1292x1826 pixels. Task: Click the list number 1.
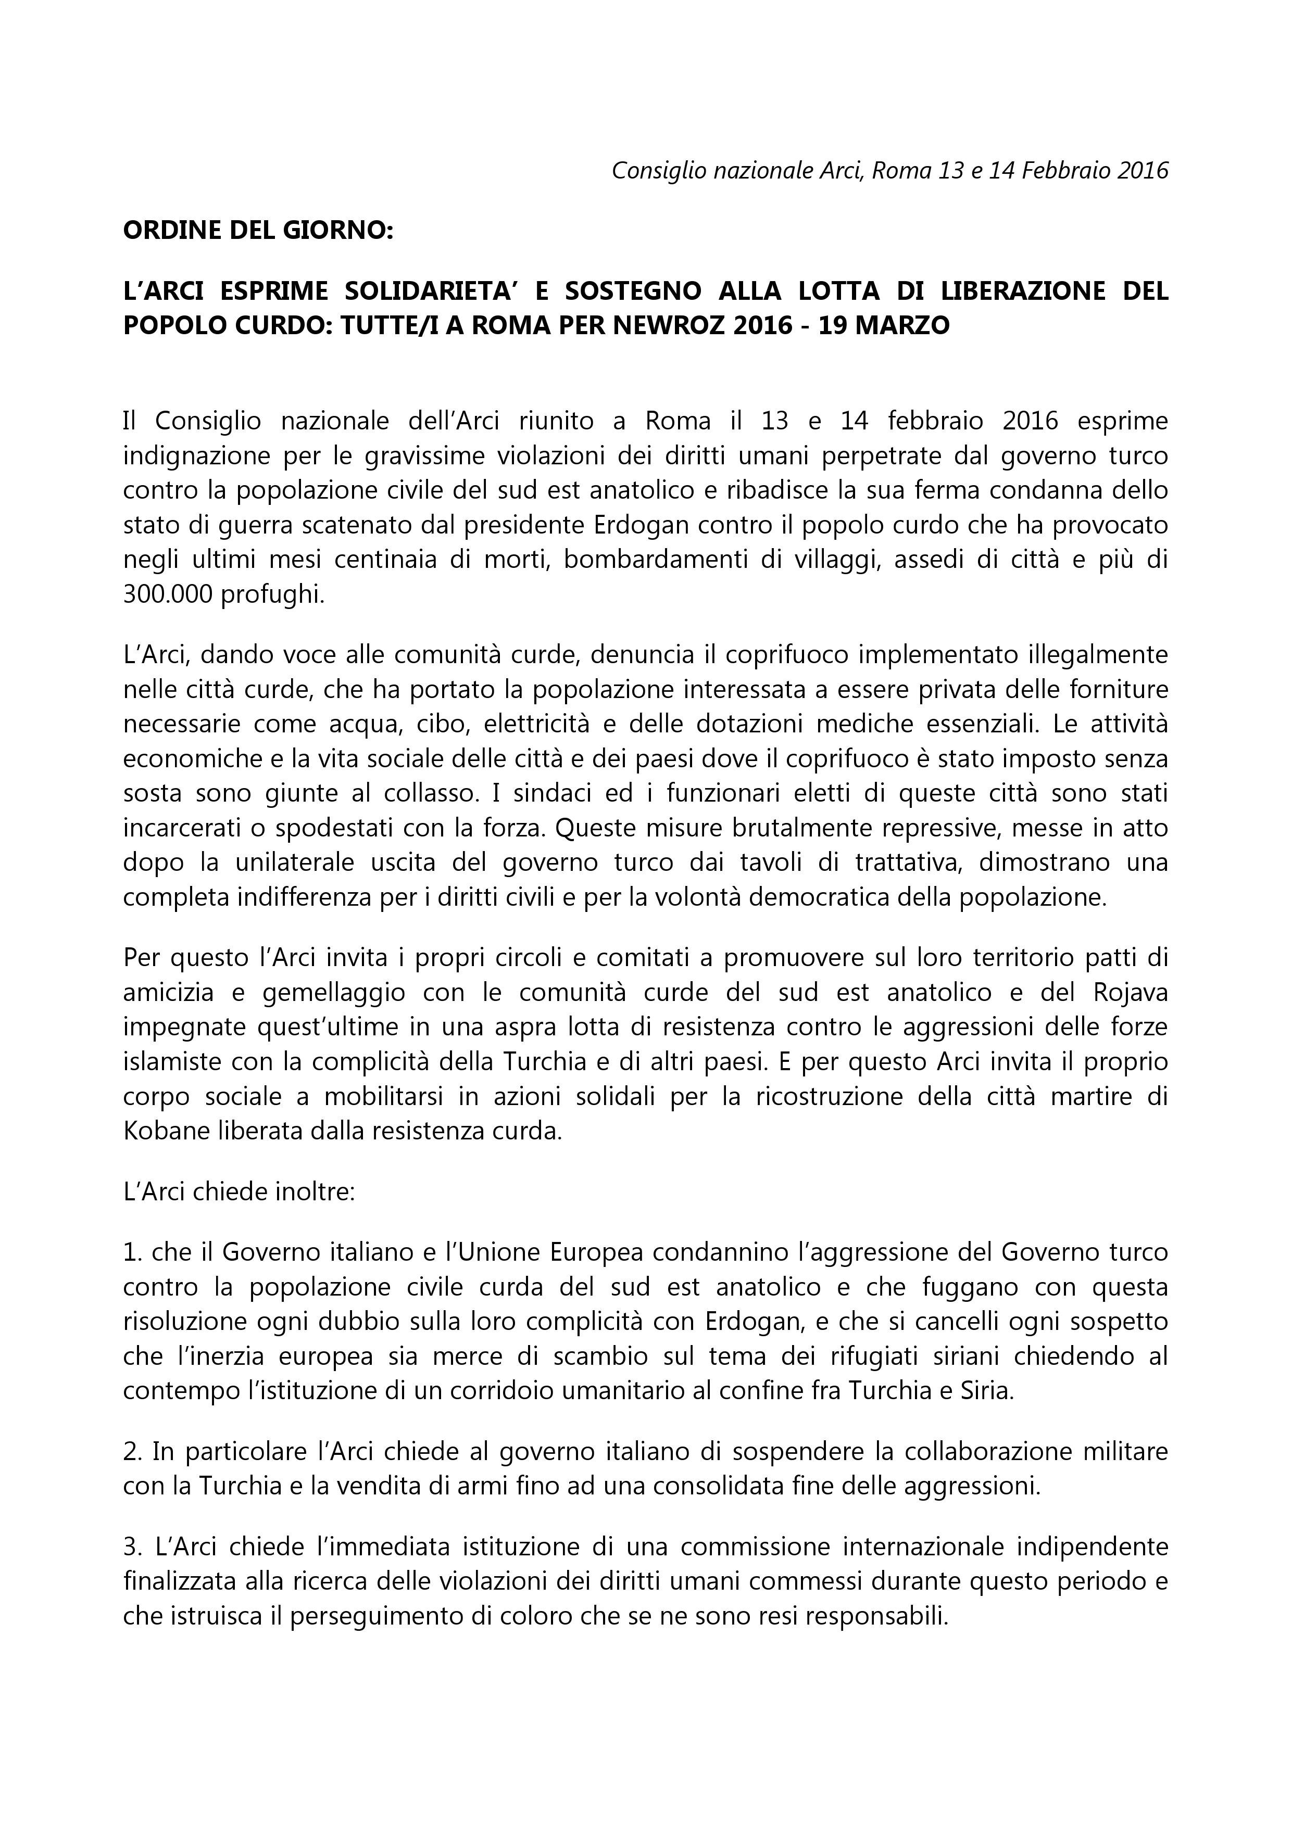(131, 1252)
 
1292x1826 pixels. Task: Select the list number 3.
(131, 1547)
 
